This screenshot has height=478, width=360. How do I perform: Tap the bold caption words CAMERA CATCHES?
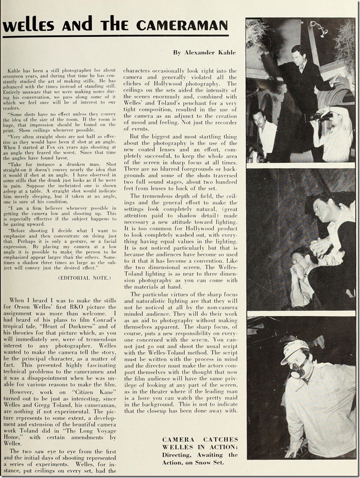pos(200,440)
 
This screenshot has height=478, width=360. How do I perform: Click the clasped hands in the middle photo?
pos(321,246)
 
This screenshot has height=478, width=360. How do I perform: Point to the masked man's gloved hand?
pos(291,450)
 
